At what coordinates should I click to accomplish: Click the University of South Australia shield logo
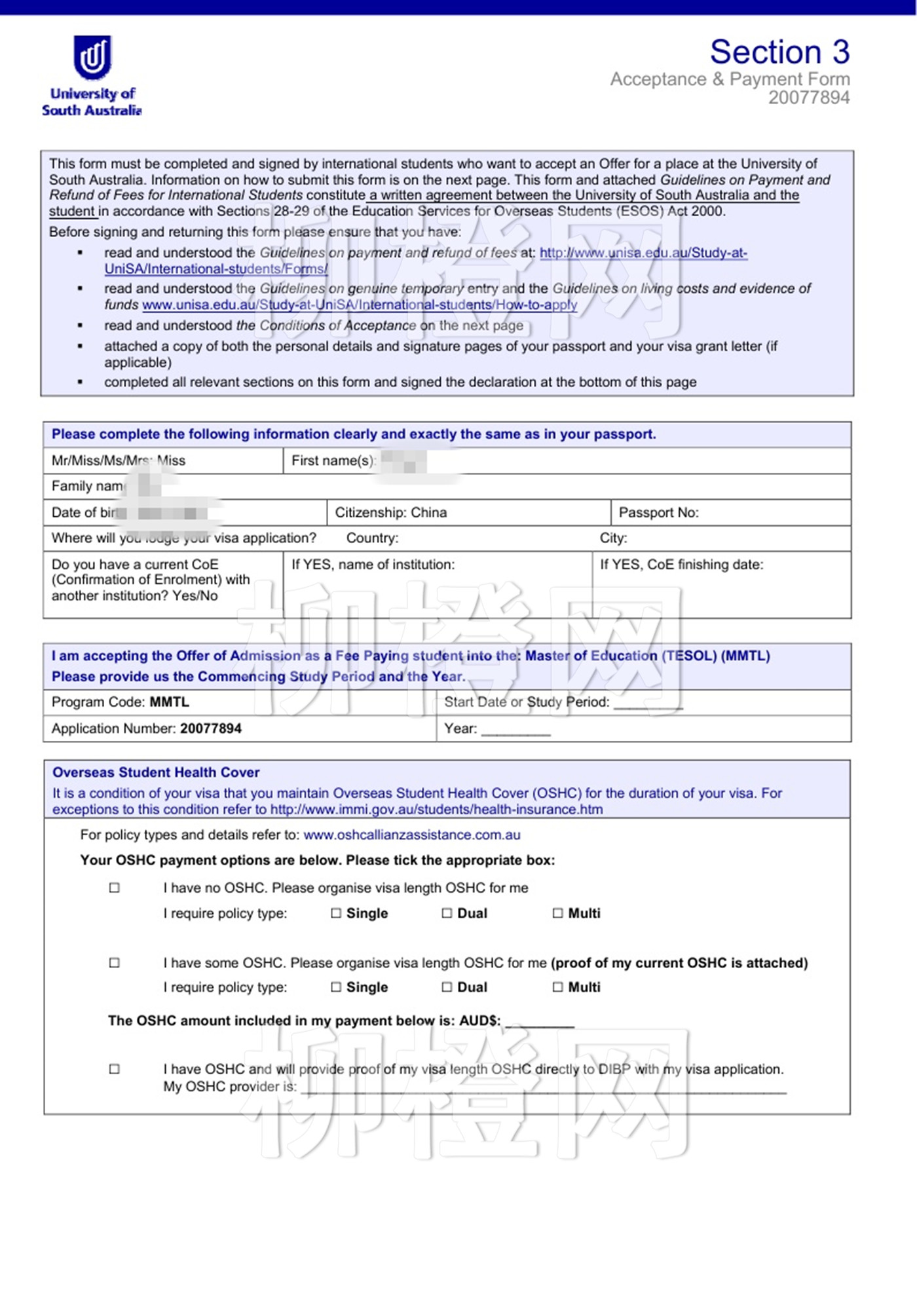(x=92, y=58)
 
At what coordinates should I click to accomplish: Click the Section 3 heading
(x=779, y=52)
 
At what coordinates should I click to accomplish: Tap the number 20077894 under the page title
(x=809, y=98)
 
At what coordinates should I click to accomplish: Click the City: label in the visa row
(x=613, y=538)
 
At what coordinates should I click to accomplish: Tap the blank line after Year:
(x=515, y=730)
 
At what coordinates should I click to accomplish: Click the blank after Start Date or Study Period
(x=648, y=704)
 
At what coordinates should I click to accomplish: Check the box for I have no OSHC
(x=115, y=888)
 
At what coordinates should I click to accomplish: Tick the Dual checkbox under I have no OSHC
(x=447, y=913)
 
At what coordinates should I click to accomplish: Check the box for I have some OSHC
(x=115, y=962)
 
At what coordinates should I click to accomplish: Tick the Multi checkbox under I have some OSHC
(x=557, y=987)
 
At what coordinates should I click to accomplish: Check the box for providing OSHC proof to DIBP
(x=115, y=1069)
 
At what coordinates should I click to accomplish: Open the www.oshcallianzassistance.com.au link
(x=411, y=835)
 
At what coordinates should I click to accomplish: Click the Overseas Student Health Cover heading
(x=156, y=772)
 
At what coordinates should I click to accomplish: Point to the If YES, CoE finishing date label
(x=681, y=565)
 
